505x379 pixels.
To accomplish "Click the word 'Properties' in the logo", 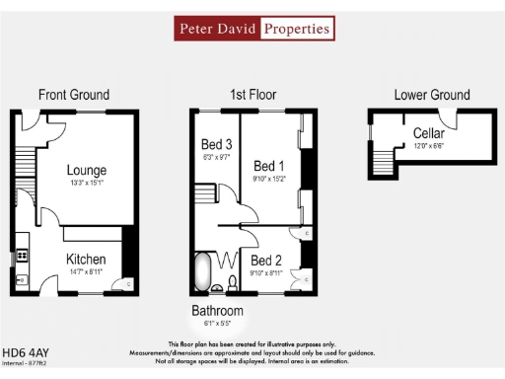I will pos(296,29).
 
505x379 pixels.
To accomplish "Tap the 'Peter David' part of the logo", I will pos(218,29).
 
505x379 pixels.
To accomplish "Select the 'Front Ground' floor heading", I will pos(74,95).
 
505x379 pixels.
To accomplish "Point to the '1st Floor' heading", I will pos(253,95).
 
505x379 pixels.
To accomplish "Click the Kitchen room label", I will pos(87,259).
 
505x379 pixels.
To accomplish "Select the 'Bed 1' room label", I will pos(269,165).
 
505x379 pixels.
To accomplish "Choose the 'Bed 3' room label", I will pos(216,144).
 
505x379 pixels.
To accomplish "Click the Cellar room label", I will pos(428,133).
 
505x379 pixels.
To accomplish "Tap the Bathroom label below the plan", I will pos(217,311).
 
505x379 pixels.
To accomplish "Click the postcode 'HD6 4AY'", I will pos(28,350).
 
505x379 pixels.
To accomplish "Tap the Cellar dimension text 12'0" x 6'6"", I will pos(428,145).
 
